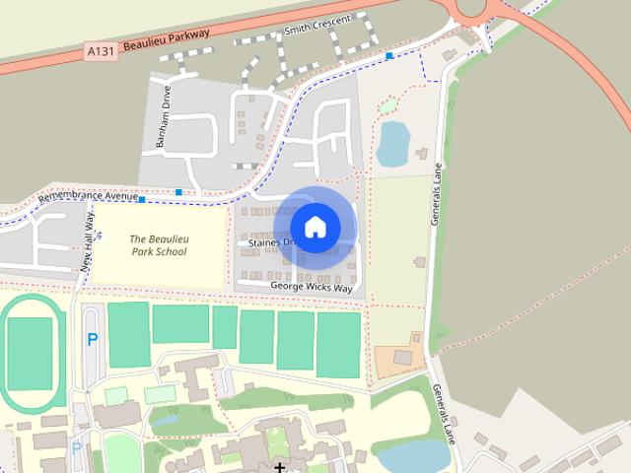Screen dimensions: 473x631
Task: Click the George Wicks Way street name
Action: coord(311,286)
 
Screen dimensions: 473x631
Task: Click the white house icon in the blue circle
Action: coord(315,227)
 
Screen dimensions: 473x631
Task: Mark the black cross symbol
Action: coord(280,467)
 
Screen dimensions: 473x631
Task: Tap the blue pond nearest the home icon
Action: coord(393,144)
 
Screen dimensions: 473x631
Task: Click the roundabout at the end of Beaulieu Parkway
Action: coord(472,8)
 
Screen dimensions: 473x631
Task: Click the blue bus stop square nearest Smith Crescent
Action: coord(391,56)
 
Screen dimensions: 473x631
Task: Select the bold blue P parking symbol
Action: coord(93,340)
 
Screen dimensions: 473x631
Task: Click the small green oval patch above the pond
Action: coord(388,104)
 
